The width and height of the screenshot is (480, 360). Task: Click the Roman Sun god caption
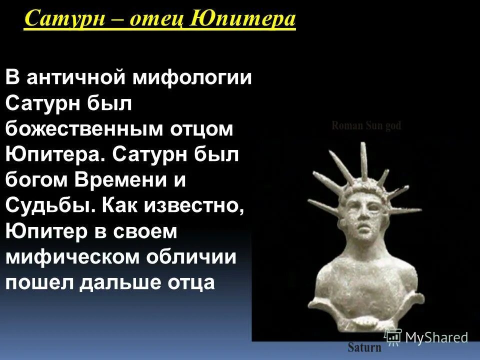pos(366,126)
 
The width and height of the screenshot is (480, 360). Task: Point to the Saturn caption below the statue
pos(364,347)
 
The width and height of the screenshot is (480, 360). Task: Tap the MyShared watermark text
pos(436,337)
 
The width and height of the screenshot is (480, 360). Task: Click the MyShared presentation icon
pos(393,337)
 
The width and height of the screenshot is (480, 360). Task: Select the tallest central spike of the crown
pos(362,160)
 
